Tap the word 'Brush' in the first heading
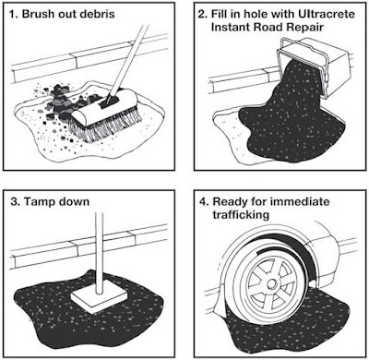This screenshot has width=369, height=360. tap(36, 14)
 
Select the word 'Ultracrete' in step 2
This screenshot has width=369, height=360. tap(327, 14)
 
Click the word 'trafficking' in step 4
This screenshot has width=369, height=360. tap(241, 214)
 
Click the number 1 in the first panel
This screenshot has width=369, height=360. tap(12, 14)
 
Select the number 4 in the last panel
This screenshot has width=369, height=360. tap(204, 202)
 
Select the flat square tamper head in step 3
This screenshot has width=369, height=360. tap(100, 298)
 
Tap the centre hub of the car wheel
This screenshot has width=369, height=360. tap(272, 284)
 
